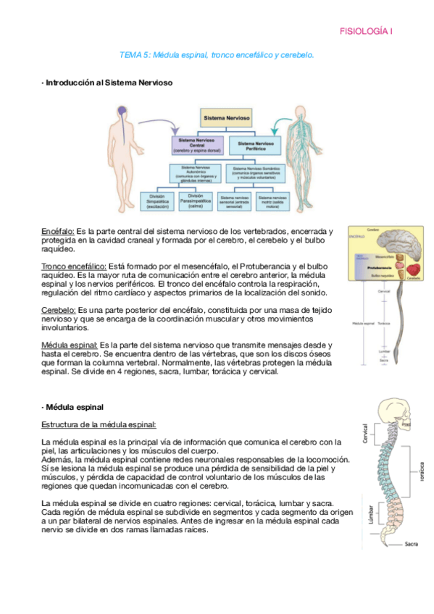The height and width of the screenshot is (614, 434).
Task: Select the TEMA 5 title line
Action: (x=217, y=55)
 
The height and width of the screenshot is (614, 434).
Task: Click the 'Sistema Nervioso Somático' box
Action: (x=258, y=174)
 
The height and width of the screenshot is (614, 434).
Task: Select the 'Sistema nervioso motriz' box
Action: (x=275, y=199)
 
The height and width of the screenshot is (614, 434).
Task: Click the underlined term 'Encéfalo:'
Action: (x=58, y=230)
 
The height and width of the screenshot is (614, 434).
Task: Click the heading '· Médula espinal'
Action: (x=72, y=407)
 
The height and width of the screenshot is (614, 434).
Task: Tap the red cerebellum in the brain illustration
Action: (x=416, y=267)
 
